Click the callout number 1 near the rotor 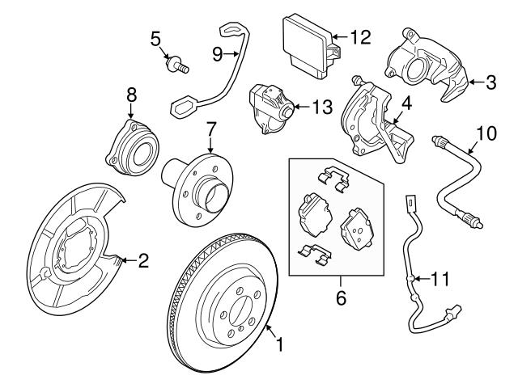click(280, 346)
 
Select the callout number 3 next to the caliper click(491, 81)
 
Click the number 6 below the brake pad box click(340, 298)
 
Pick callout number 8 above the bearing click(132, 95)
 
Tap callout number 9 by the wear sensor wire click(217, 54)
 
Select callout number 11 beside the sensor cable click(439, 279)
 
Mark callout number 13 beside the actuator click(321, 106)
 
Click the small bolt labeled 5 click(176, 65)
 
